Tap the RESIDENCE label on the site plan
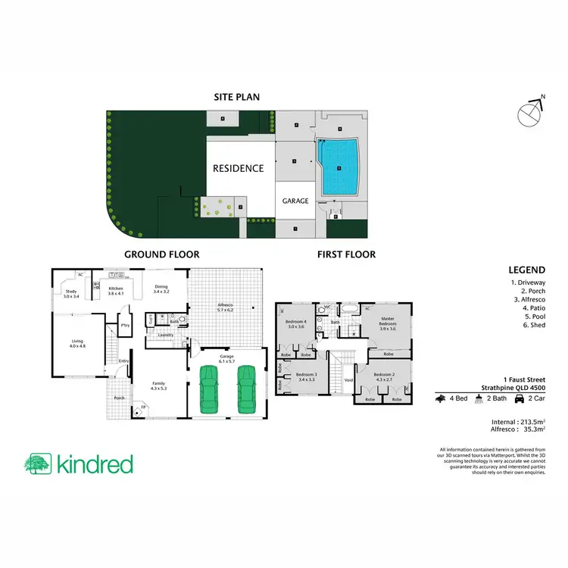(x=238, y=168)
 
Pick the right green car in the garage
(x=247, y=389)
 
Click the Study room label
(x=70, y=293)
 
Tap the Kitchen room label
(x=115, y=291)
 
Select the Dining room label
(x=161, y=289)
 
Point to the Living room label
(x=78, y=343)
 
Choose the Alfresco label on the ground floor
(x=226, y=308)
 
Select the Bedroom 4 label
(x=296, y=324)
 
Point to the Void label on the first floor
(x=348, y=380)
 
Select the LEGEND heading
(x=529, y=270)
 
